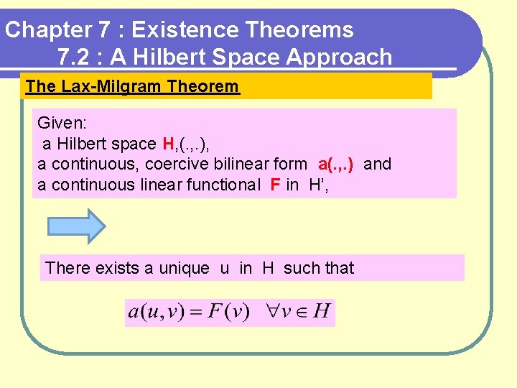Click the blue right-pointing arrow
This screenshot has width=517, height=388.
click(76, 226)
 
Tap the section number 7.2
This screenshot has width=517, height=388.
click(73, 57)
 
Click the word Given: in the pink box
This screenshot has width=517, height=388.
click(62, 123)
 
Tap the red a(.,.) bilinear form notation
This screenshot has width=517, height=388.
click(335, 164)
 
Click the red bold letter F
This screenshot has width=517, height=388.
click(275, 185)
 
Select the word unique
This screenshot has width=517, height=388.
click(184, 268)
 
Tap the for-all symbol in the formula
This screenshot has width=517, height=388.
click(269, 313)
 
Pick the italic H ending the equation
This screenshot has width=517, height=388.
click(322, 312)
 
